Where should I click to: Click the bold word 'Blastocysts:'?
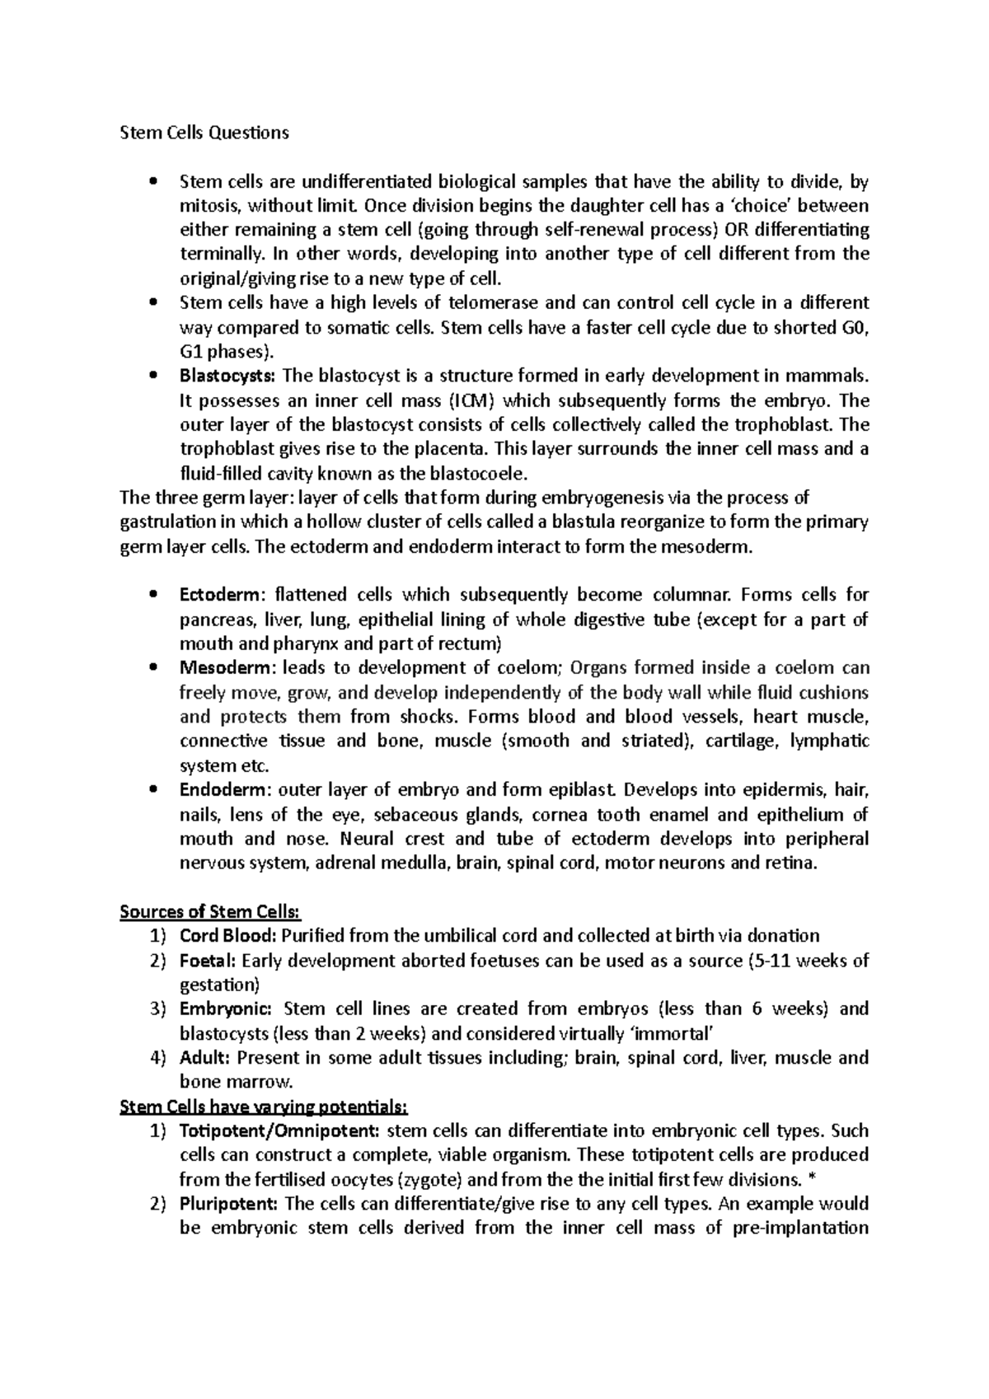coord(228,377)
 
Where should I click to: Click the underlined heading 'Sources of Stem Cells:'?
coord(211,912)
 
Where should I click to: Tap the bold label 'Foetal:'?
coord(209,961)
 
